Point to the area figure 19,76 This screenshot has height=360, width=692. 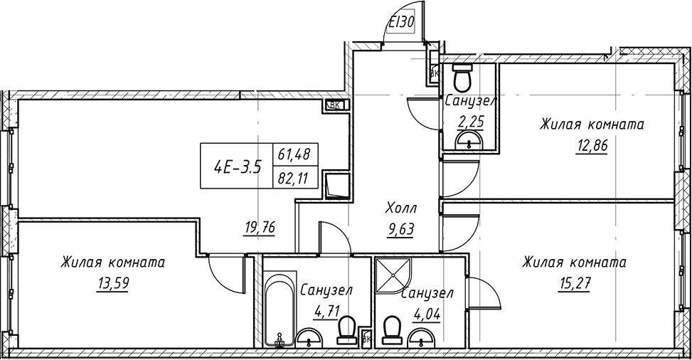[x=259, y=228]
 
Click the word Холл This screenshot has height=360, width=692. [x=400, y=209]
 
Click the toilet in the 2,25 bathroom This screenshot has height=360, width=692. [x=463, y=78]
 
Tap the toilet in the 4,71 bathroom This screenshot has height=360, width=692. [x=346, y=331]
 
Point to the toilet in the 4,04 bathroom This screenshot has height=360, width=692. [x=391, y=332]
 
